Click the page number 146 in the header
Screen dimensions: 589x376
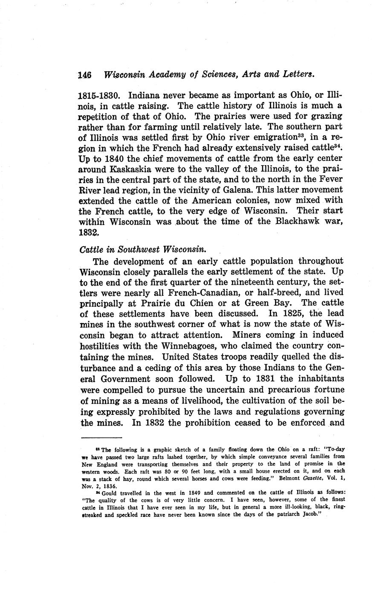[85, 75]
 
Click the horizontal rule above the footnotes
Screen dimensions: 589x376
[101, 437]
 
